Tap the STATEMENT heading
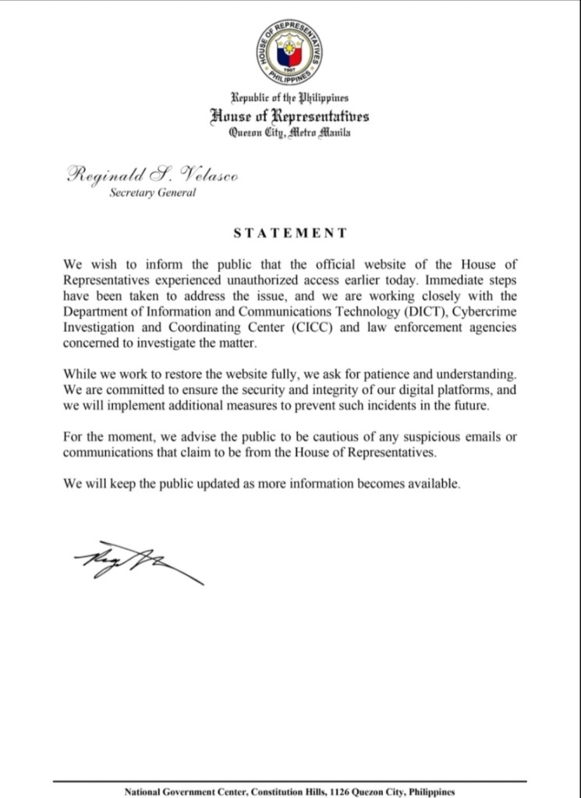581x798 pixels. click(x=290, y=232)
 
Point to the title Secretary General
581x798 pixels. click(x=152, y=193)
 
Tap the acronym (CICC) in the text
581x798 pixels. click(x=314, y=328)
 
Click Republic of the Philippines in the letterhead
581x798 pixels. click(x=290, y=98)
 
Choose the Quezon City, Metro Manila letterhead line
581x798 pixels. click(x=290, y=133)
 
